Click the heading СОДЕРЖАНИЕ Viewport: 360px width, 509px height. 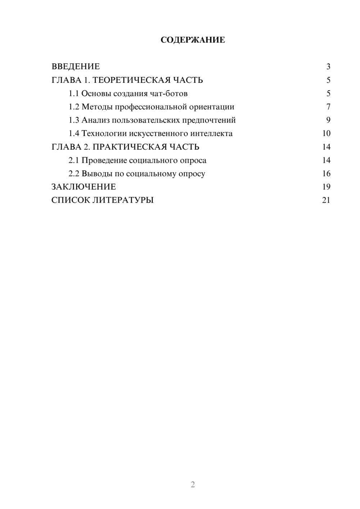pos(193,40)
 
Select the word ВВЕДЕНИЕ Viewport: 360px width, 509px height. pos(76,67)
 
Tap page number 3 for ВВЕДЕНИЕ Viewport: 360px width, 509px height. pos(328,67)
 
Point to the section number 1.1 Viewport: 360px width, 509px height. pos(74,94)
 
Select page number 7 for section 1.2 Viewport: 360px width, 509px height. pos(328,107)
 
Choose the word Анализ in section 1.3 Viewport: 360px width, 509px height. pos(95,120)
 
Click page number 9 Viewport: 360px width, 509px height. pos(328,120)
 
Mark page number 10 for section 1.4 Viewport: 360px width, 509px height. pos(326,134)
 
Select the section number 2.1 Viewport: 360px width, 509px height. pos(74,160)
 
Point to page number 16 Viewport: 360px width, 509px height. pos(326,174)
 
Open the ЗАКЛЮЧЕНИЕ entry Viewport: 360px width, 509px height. pos(84,187)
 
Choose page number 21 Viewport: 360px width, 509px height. pos(326,200)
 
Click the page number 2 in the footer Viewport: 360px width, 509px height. pos(193,485)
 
